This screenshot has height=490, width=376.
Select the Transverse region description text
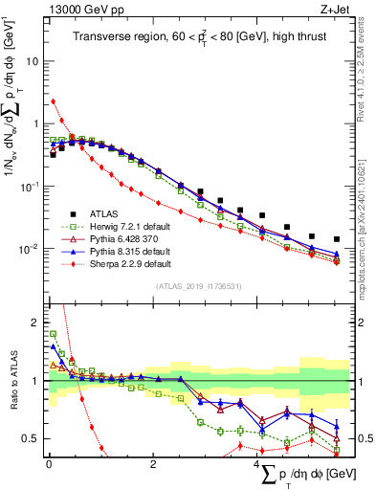click(x=201, y=38)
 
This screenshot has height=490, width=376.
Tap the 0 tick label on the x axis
click(x=49, y=465)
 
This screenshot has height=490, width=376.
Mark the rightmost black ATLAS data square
click(x=337, y=239)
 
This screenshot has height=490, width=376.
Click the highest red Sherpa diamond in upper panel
click(x=53, y=100)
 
